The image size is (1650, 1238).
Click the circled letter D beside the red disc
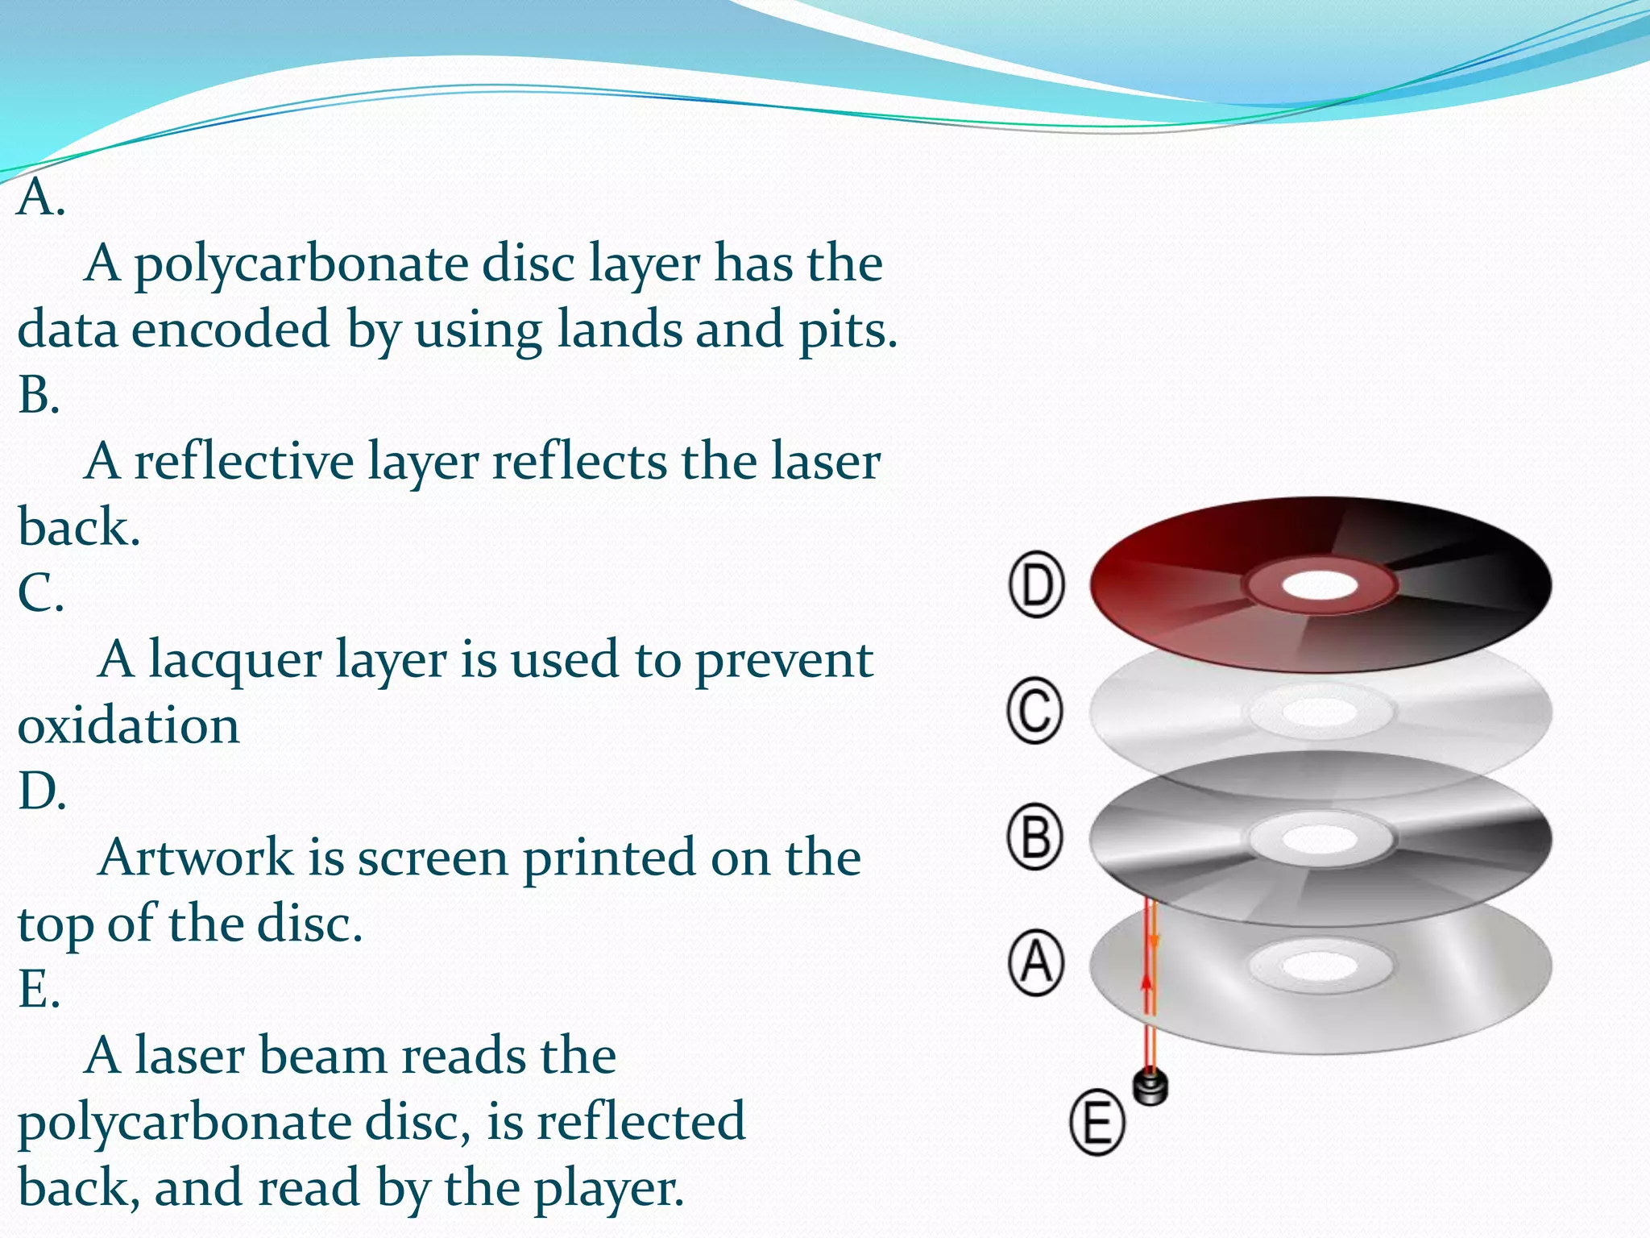coord(1037,584)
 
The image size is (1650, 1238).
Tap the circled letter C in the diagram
coord(1035,710)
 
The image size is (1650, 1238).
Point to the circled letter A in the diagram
coord(1036,963)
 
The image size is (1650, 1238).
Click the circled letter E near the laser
coord(1097,1122)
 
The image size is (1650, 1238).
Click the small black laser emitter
coord(1150,1086)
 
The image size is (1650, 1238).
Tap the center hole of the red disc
coord(1320,586)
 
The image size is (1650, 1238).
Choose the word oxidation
coord(129,725)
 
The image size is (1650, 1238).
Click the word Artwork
coord(196,857)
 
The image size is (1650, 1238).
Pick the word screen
coord(433,858)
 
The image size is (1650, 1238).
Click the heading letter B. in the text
coord(39,396)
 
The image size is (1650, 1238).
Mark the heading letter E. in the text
coord(39,989)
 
